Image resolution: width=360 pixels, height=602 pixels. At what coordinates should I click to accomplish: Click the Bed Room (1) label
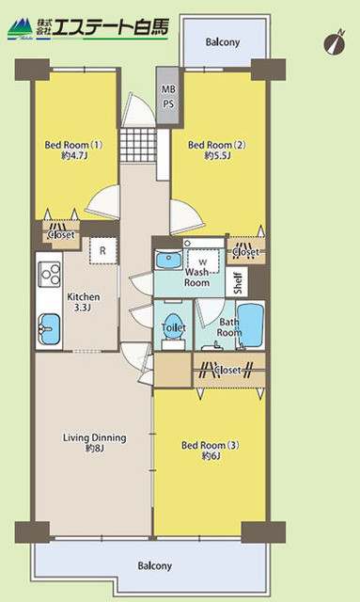71,150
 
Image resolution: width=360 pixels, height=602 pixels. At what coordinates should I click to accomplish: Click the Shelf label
239,282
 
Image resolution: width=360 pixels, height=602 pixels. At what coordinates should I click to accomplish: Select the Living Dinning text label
94,443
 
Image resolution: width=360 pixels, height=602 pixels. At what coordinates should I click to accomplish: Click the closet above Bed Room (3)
228,370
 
